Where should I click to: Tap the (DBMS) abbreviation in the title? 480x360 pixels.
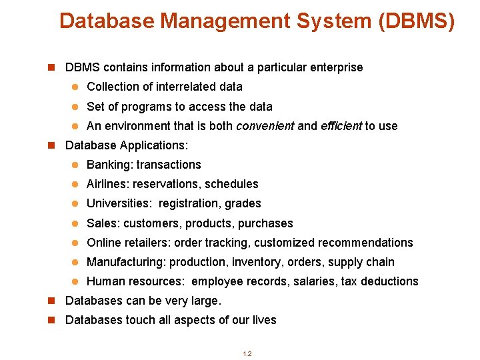point(416,21)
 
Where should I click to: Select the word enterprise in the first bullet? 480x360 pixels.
point(335,67)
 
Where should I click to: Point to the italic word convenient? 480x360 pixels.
point(265,126)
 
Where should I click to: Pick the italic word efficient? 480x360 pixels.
point(341,126)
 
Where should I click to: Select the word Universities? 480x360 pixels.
point(119,203)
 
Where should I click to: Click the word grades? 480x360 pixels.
point(243,203)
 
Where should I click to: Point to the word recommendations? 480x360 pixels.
point(365,243)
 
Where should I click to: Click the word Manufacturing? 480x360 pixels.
point(127,262)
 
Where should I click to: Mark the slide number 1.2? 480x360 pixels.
point(247,353)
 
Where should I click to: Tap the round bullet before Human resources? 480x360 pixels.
point(75,282)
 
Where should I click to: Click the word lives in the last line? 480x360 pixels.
point(263,320)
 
